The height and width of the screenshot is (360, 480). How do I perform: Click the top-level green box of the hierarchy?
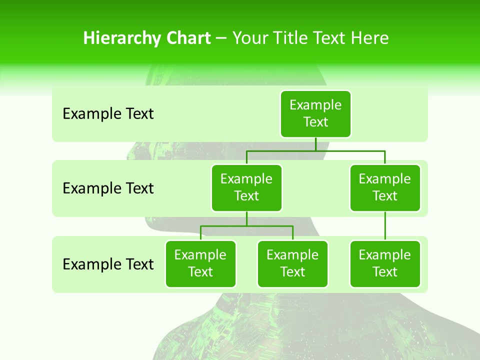(315, 114)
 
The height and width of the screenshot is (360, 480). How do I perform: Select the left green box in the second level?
(246, 188)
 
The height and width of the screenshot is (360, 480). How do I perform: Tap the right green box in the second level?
(385, 188)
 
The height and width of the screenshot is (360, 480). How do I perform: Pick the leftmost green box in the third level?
(200, 264)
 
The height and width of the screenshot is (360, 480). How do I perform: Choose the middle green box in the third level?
(292, 264)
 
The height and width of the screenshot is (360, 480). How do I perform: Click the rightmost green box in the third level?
(385, 264)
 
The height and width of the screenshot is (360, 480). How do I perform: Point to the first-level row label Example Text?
(108, 114)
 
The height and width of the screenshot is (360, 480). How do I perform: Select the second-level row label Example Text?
(108, 188)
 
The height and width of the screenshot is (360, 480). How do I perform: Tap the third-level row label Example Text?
(108, 264)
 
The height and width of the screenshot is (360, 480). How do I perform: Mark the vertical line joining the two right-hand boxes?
(385, 226)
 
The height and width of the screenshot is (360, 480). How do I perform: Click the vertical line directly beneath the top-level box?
(315, 144)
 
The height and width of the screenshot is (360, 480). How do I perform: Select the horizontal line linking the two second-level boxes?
(315, 150)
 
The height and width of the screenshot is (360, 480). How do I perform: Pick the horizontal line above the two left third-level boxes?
(246, 226)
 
